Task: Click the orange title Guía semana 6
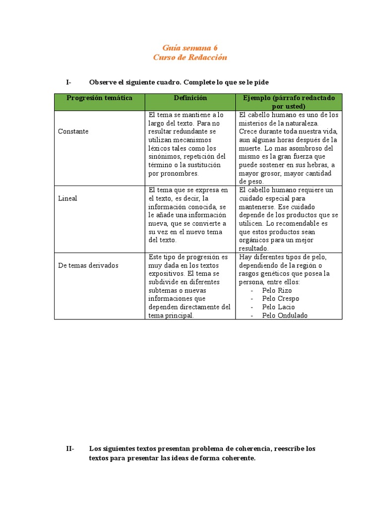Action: point(190,48)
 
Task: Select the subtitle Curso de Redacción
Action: point(190,58)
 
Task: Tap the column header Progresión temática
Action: point(99,98)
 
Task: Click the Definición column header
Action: point(190,98)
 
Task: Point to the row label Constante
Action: point(73,131)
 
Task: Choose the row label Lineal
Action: point(67,198)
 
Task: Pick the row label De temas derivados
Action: point(88,265)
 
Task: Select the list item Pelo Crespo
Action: point(280,299)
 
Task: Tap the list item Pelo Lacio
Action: point(278,307)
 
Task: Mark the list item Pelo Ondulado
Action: point(285,316)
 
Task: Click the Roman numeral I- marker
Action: point(68,82)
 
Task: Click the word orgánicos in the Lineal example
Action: point(254,240)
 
